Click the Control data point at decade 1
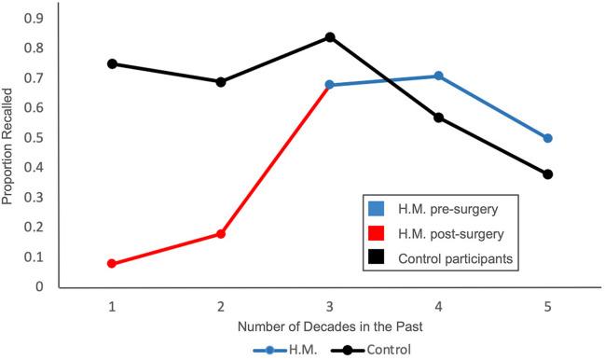(x=112, y=63)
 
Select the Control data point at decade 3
(x=330, y=37)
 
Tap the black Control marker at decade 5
(x=548, y=174)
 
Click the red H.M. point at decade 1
(x=112, y=264)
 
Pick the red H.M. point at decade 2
(x=221, y=234)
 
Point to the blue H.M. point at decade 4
(x=439, y=76)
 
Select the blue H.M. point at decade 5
(x=548, y=138)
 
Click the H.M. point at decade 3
(x=330, y=85)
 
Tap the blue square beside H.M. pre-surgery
(x=376, y=208)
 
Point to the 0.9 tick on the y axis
(x=35, y=19)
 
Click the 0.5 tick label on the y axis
(x=35, y=137)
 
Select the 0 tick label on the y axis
(x=40, y=286)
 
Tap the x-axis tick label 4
(x=439, y=306)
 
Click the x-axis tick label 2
(x=221, y=306)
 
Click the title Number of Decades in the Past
(x=329, y=327)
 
